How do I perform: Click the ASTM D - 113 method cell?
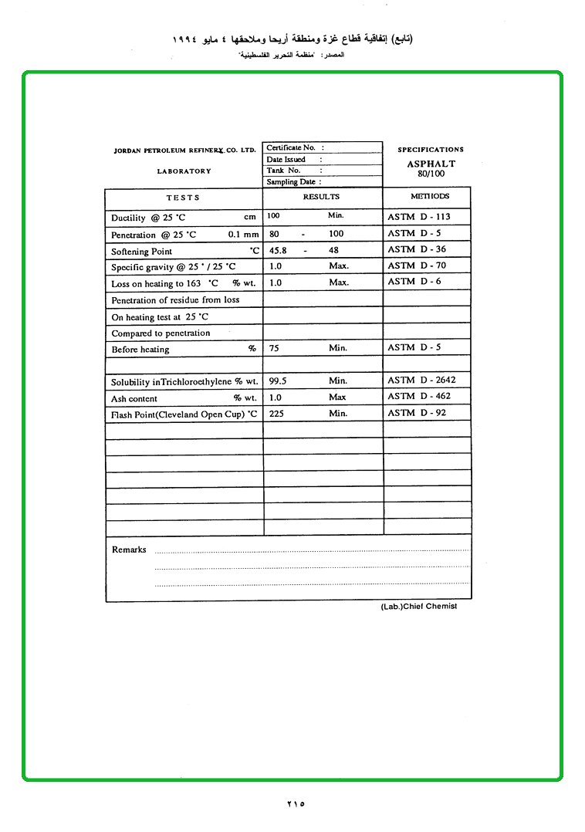418,217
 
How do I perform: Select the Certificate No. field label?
291,147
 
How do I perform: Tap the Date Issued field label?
286,159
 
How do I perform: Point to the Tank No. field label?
284,171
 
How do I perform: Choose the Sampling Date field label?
291,182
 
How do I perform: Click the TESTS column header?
183,198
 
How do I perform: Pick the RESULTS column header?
321,197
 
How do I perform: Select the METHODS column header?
430,196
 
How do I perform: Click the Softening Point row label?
142,252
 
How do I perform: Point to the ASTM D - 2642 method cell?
421,380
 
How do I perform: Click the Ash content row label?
134,399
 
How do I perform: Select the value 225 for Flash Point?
276,413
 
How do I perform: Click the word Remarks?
129,550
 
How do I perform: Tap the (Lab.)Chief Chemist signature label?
419,607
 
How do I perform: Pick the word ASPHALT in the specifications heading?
431,164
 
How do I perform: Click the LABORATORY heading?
184,171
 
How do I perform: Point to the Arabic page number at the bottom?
296,804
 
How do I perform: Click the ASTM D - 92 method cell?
417,413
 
